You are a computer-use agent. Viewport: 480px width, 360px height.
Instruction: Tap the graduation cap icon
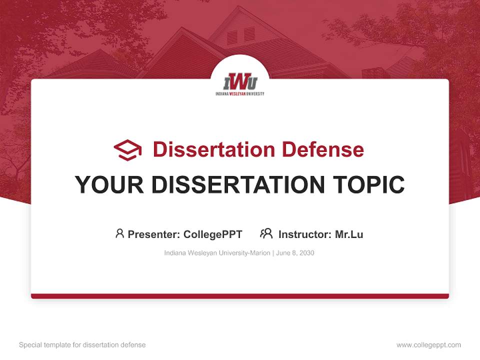coord(127,150)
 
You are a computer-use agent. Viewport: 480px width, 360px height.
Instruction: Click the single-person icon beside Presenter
coord(119,233)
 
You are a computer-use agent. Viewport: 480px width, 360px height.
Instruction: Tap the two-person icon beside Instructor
coord(266,233)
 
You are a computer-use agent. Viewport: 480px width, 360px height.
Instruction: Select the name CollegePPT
coord(213,234)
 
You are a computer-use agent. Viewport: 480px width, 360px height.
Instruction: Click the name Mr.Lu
coord(349,234)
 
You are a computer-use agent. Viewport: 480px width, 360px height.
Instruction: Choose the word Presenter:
coord(154,234)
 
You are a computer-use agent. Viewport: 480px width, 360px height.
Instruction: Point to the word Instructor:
coord(304,234)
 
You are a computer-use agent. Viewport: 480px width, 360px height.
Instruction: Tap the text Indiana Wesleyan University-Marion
coord(217,253)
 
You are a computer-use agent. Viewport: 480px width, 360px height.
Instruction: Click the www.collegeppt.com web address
coord(428,345)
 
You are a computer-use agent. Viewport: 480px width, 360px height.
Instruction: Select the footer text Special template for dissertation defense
coord(82,345)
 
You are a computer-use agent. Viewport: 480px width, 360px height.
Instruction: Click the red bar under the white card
coord(240,296)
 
